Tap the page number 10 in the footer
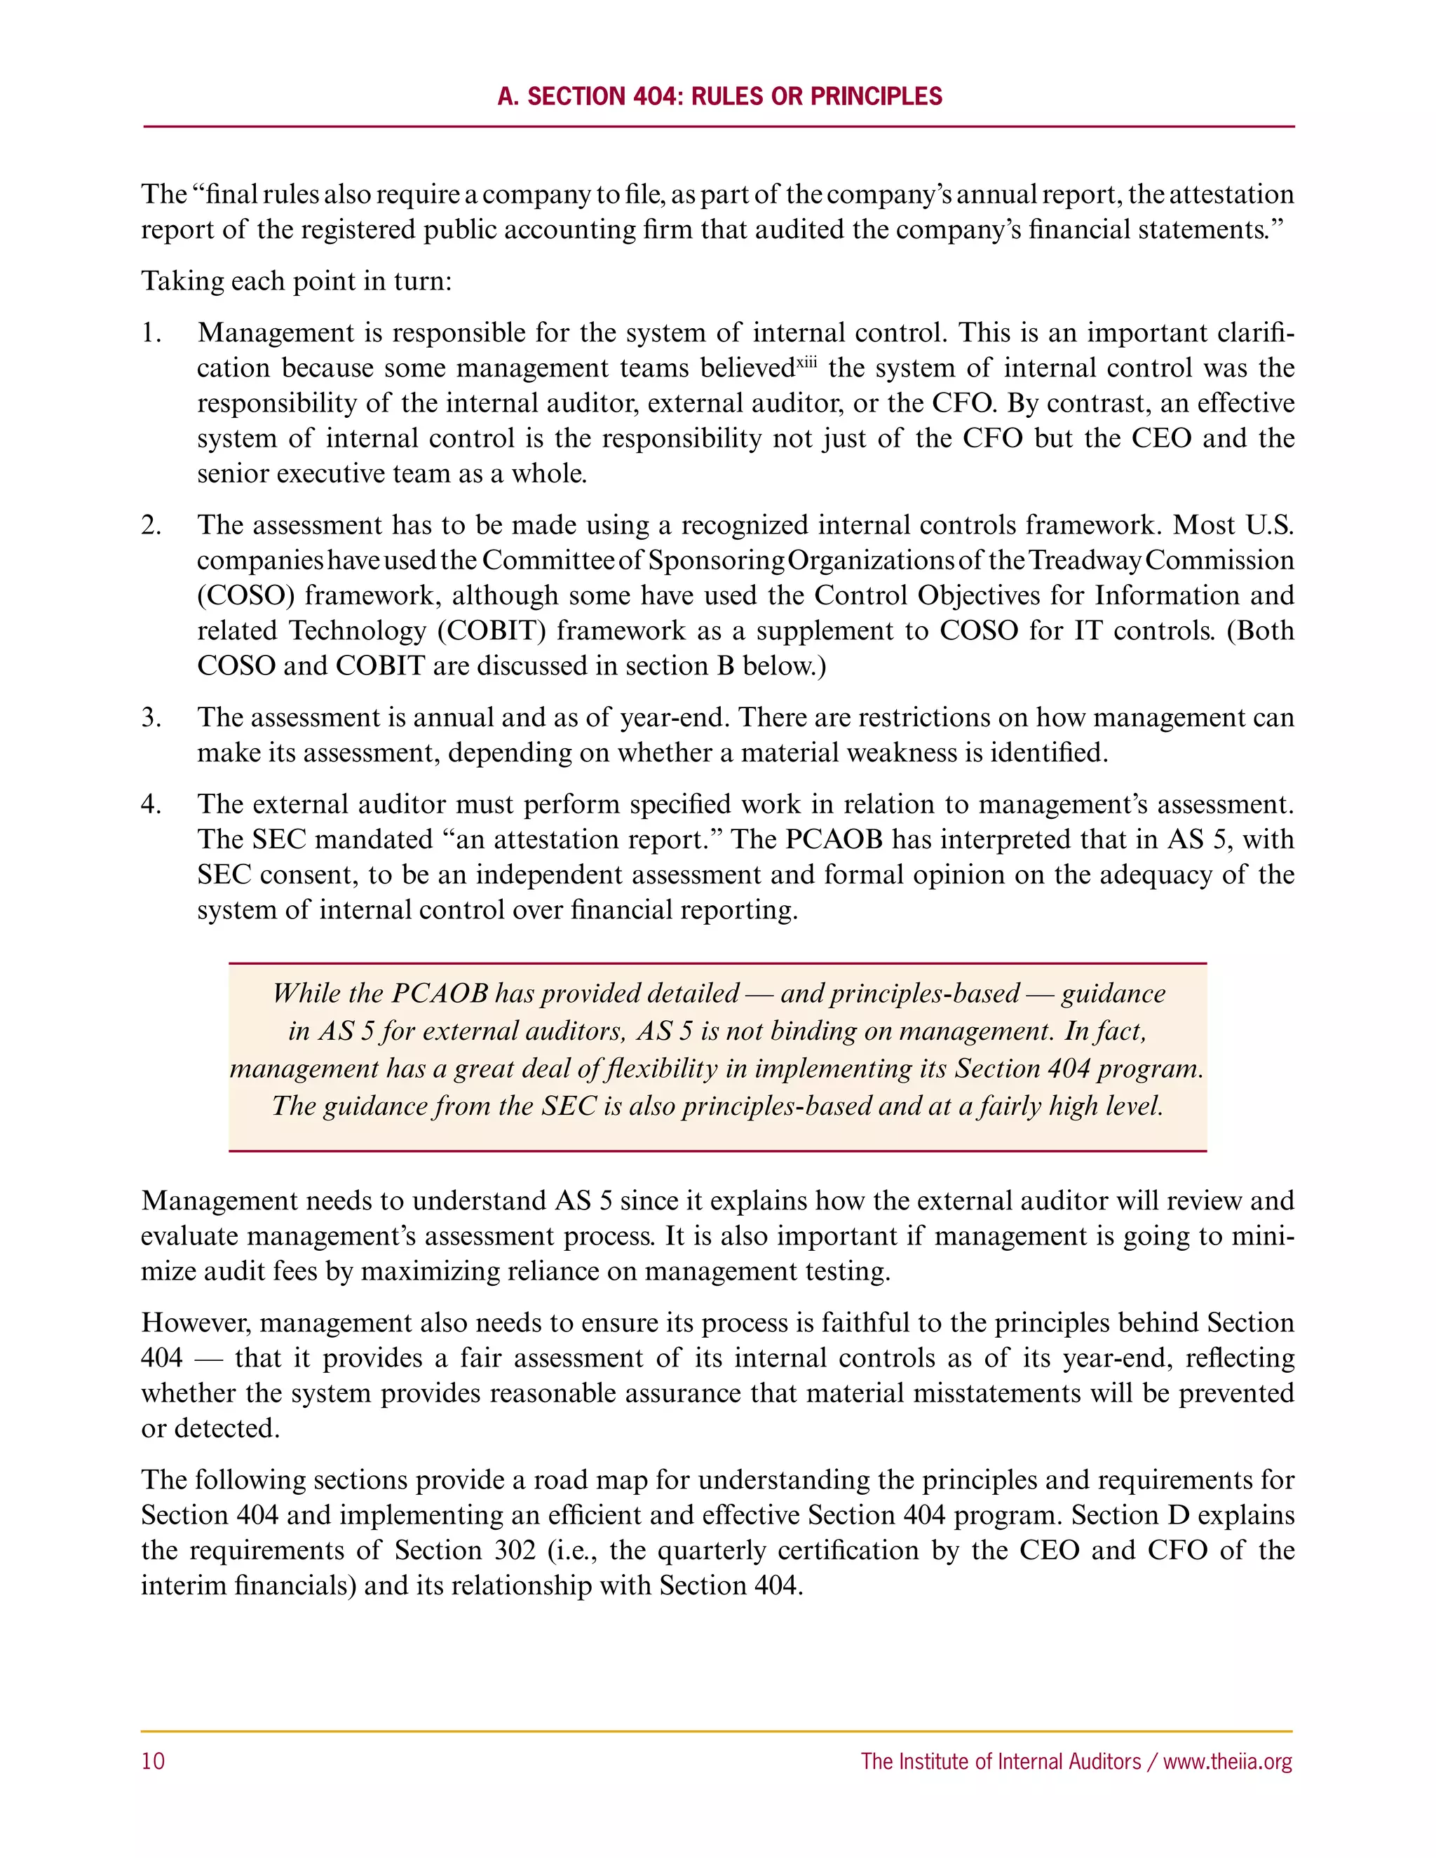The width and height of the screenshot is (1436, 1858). click(x=153, y=1761)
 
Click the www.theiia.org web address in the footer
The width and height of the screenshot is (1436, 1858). click(x=1228, y=1761)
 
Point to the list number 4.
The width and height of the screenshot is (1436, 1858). click(x=151, y=804)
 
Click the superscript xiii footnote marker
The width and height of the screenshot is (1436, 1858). click(x=806, y=362)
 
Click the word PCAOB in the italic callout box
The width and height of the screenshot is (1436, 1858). click(x=440, y=994)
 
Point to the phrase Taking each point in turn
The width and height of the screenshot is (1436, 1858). click(x=296, y=280)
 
